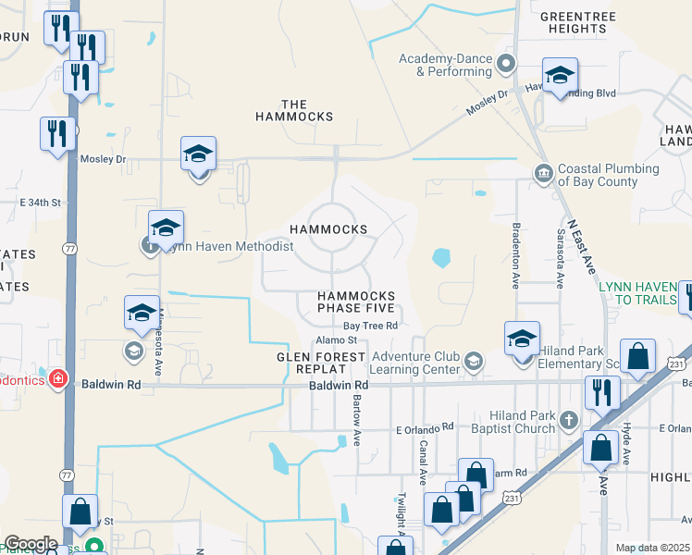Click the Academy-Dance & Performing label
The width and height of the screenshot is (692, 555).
446,65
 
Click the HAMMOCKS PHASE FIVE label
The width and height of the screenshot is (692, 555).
357,302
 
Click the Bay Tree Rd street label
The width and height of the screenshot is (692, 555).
370,326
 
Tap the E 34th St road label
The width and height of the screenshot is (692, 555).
40,202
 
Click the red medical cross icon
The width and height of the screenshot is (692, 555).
57,379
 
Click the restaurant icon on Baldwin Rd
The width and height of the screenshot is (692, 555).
601,392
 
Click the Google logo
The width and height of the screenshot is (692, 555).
31,544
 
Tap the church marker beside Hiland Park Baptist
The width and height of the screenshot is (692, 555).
569,422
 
